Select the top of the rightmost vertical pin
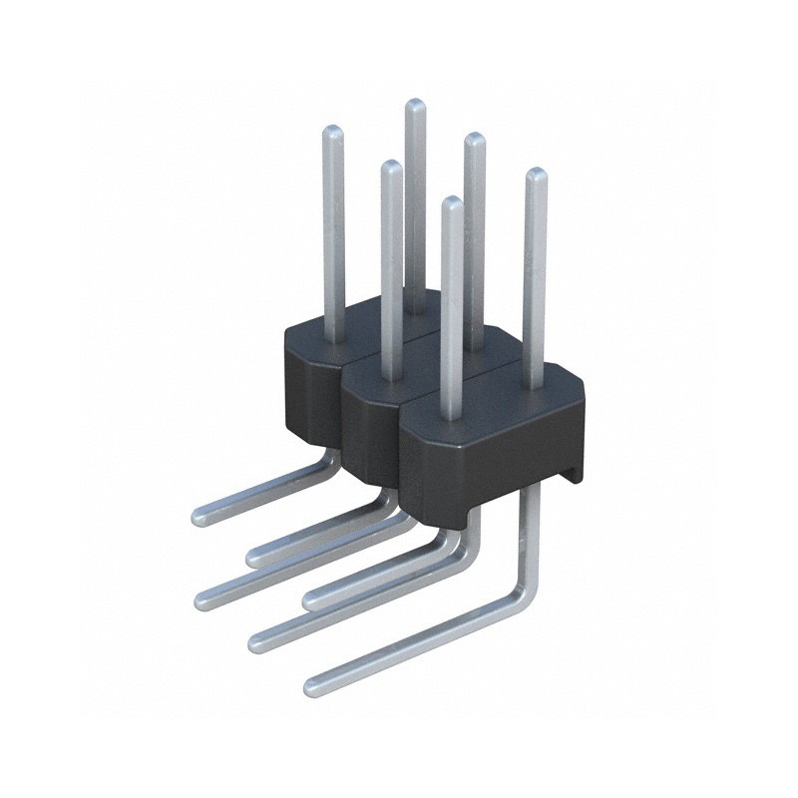coord(536,175)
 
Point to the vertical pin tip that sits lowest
coord(452,202)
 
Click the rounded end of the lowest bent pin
coord(312,685)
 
